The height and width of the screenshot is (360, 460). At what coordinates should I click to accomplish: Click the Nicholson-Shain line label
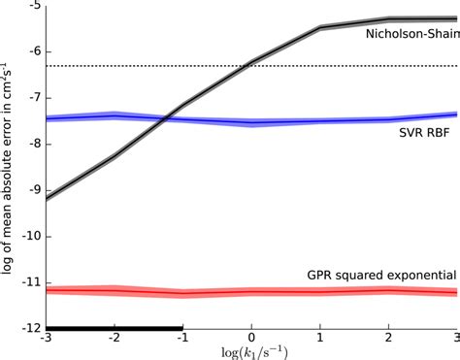[x=410, y=35]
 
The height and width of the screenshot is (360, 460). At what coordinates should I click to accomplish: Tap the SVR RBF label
[x=423, y=133]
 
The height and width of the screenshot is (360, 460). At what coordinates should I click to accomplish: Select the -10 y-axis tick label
[x=30, y=236]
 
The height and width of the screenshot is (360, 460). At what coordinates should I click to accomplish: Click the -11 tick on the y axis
[x=30, y=282]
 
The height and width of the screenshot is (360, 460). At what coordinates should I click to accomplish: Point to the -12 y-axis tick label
[x=30, y=328]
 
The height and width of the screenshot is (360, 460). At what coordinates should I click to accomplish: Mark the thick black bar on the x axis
[x=115, y=327]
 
